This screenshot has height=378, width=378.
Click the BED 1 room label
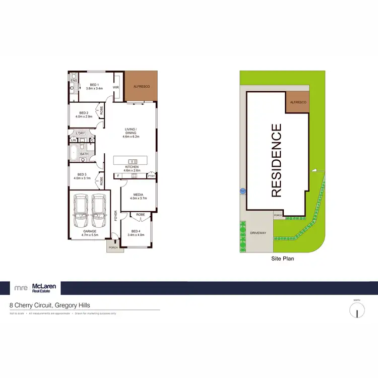pos(94,85)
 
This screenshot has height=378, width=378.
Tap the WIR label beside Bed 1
pos(115,87)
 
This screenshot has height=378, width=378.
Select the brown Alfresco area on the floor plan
pos(141,86)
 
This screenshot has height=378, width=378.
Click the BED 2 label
pos(84,113)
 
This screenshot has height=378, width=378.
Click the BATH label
pos(84,154)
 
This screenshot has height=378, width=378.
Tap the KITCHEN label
pos(132,167)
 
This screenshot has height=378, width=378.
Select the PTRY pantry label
pos(151,175)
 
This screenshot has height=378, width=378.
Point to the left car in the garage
pos(81,211)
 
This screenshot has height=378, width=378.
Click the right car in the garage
pos(98,211)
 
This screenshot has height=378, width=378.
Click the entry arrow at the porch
pos(115,242)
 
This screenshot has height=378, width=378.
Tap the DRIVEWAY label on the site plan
pos(258,233)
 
